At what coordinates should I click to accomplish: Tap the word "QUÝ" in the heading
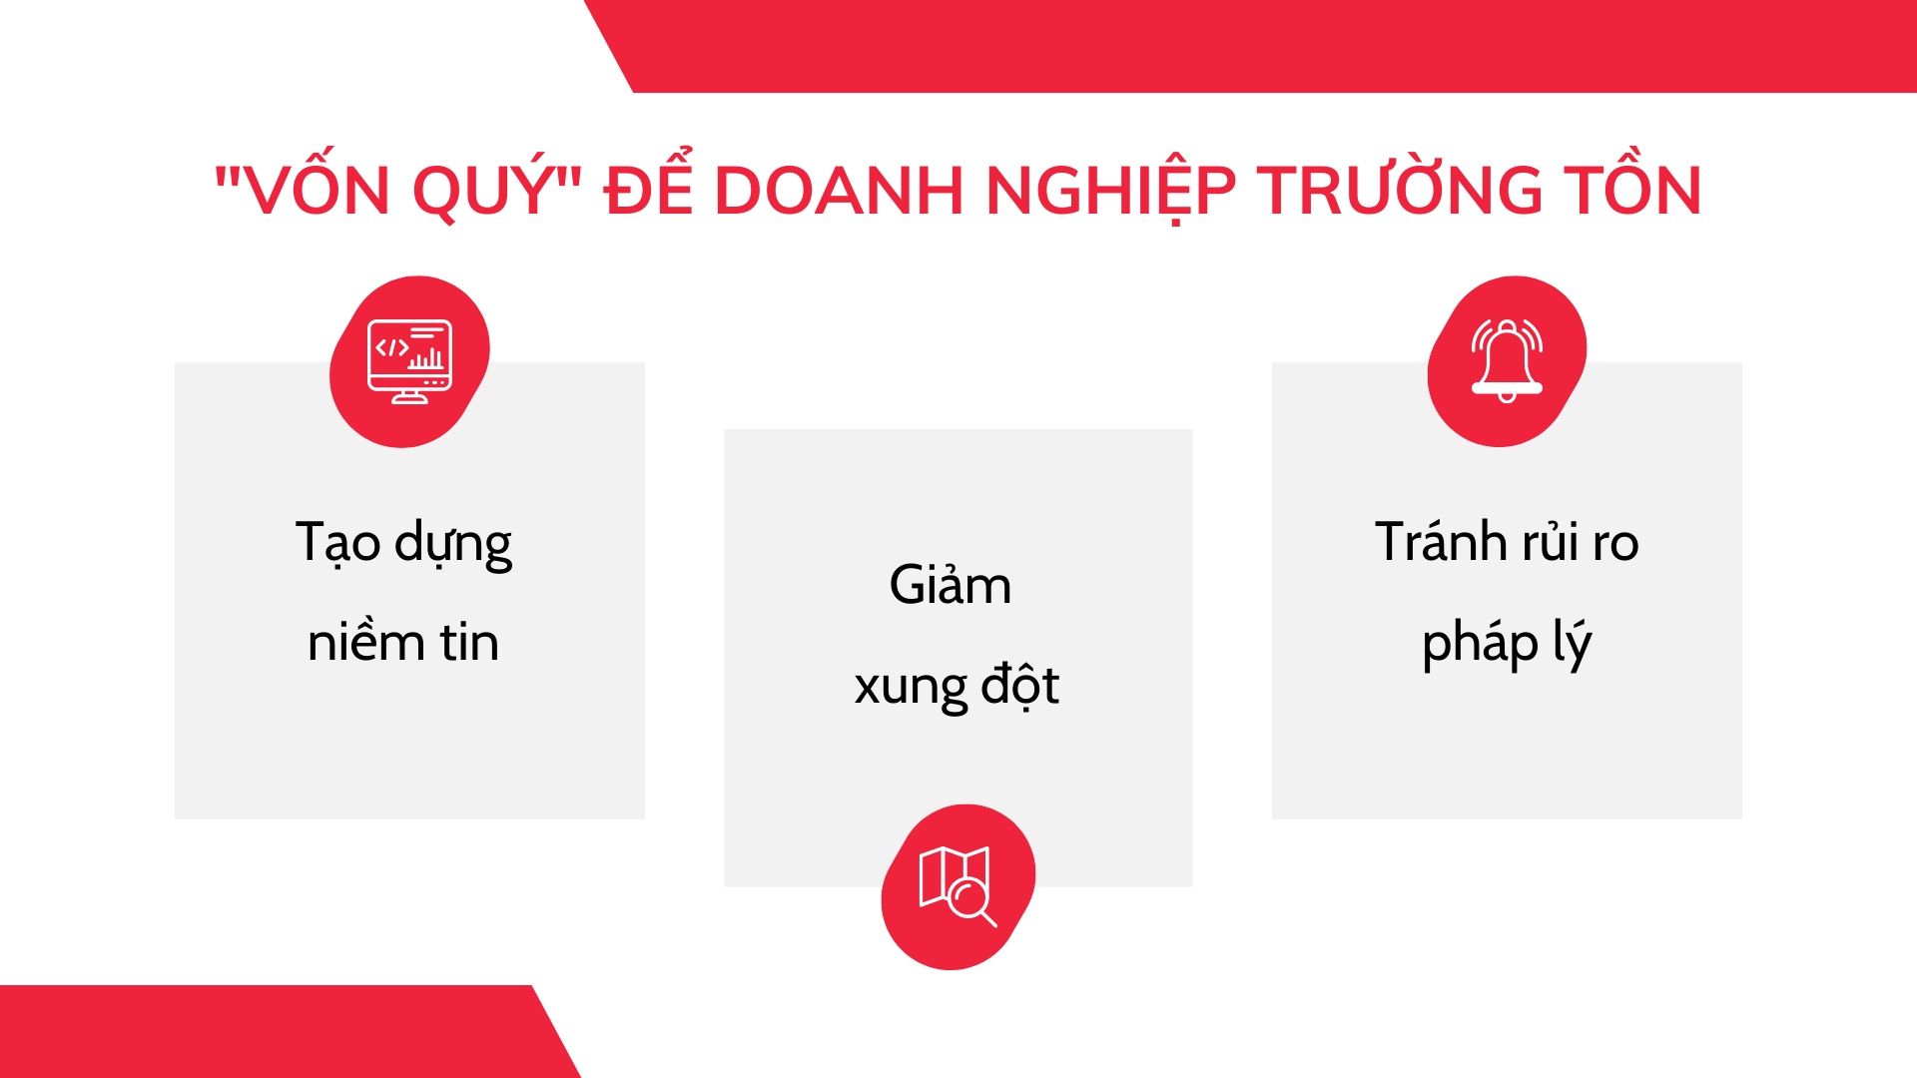[484, 189]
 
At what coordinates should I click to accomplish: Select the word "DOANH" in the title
[839, 190]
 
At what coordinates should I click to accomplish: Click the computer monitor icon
[409, 360]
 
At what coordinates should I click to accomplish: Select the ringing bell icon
[1507, 360]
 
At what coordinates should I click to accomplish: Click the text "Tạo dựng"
[403, 543]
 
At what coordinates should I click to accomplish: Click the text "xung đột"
[957, 684]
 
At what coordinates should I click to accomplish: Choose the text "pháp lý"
[1507, 642]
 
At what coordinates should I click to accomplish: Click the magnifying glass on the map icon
[970, 900]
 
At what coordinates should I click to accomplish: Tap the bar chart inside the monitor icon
[425, 358]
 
